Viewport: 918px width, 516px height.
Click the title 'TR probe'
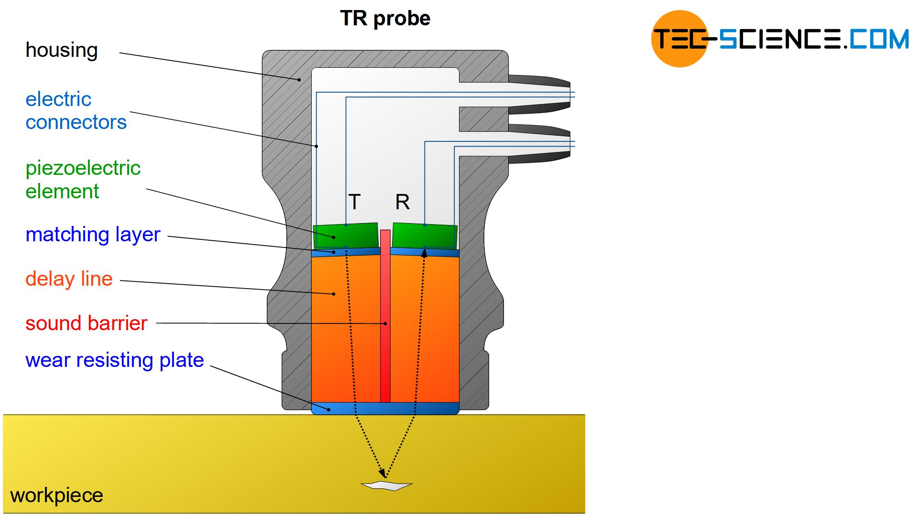pos(385,19)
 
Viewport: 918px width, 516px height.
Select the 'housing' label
pos(61,50)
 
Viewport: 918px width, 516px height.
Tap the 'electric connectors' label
pos(76,111)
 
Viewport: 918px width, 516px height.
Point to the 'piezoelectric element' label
pos(82,180)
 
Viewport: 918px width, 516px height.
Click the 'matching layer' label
pos(93,235)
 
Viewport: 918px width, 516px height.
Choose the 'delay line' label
pos(69,279)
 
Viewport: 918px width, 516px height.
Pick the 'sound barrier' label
pos(86,323)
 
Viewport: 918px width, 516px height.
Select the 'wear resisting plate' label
pos(114,360)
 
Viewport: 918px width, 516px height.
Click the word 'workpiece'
pos(56,495)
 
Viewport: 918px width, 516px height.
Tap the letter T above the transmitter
pos(354,202)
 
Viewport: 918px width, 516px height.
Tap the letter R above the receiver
pos(402,202)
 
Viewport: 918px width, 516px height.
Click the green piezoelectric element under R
pos(425,236)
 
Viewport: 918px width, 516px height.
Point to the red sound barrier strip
pos(385,315)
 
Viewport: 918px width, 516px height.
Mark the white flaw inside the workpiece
pos(386,486)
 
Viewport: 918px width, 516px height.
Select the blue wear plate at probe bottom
pos(385,408)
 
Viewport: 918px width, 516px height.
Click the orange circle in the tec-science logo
pos(679,39)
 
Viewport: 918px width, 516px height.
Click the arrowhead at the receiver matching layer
pos(424,253)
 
